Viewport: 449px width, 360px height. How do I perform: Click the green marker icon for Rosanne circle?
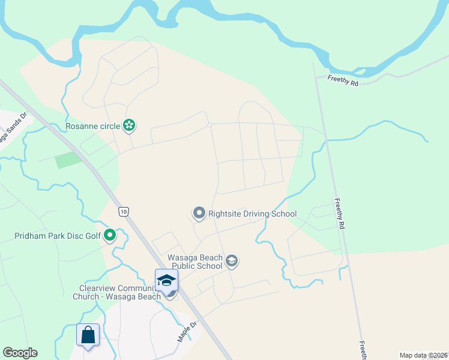[x=128, y=125]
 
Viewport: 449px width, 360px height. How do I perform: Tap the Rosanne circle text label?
[x=93, y=126]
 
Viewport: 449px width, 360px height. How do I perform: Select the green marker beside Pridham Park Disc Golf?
[x=109, y=235]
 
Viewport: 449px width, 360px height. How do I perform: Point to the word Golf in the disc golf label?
[x=92, y=236]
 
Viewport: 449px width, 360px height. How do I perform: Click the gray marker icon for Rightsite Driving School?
[x=199, y=213]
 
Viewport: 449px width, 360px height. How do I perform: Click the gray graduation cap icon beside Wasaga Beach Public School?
[x=232, y=261]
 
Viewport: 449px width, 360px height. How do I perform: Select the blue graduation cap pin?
[x=166, y=280]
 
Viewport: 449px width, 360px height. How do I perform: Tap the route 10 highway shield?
[x=123, y=212]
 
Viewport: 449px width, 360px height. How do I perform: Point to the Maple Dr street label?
[x=187, y=332]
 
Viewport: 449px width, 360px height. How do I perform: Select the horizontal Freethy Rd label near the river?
[x=343, y=80]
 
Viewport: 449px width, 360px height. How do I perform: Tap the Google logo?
[x=20, y=353]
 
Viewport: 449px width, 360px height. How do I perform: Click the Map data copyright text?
[x=423, y=355]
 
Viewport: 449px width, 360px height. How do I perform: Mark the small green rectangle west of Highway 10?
[x=68, y=160]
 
